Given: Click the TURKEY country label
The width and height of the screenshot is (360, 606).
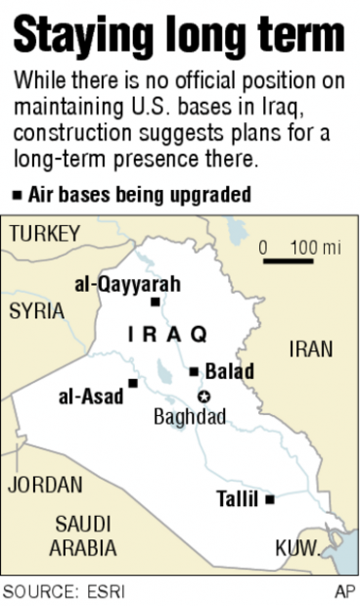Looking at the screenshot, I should (x=44, y=234).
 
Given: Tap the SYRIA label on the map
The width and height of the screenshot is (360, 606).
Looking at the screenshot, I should (x=36, y=311).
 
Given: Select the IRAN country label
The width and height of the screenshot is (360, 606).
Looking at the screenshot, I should (x=311, y=350).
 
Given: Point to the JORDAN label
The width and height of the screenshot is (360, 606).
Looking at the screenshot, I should (x=45, y=485).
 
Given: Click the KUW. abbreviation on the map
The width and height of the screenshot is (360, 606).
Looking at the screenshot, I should (x=296, y=547).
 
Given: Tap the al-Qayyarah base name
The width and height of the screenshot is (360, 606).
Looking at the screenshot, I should (x=127, y=284).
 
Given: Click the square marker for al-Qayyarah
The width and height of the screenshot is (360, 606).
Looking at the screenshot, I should (x=155, y=303).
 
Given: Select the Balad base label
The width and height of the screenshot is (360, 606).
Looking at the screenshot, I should (x=230, y=371).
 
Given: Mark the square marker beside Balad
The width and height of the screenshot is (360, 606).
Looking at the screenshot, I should (x=195, y=371).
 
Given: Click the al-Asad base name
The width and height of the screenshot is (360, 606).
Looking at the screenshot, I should (x=91, y=396).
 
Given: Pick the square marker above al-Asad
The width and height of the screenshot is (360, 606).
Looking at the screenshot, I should (x=132, y=382).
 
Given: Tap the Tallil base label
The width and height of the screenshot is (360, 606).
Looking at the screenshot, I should (x=237, y=499).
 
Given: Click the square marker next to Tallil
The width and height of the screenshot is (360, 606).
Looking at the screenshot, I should (x=270, y=499).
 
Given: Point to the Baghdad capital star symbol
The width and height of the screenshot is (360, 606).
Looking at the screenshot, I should (x=203, y=396).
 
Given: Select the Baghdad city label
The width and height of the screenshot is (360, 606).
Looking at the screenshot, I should (x=190, y=417).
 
